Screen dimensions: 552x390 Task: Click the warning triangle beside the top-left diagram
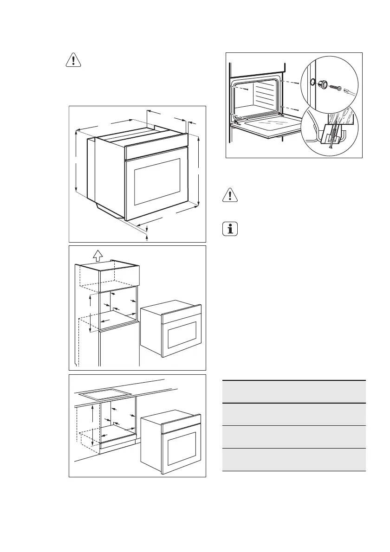72,61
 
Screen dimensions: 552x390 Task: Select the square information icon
229,230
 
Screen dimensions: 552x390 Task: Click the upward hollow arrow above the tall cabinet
97,255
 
